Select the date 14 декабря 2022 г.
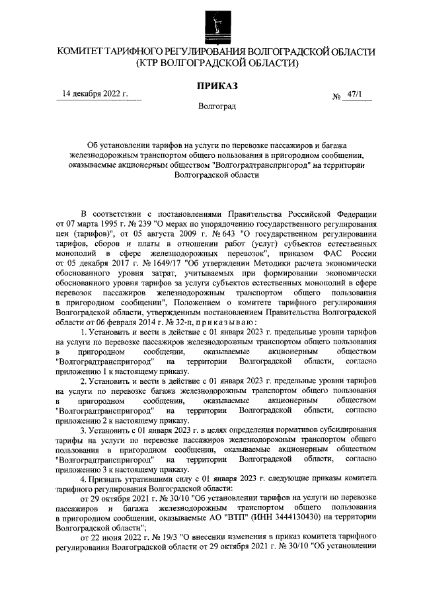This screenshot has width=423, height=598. pos(95,93)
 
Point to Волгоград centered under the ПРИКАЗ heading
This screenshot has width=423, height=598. pos(216,106)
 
